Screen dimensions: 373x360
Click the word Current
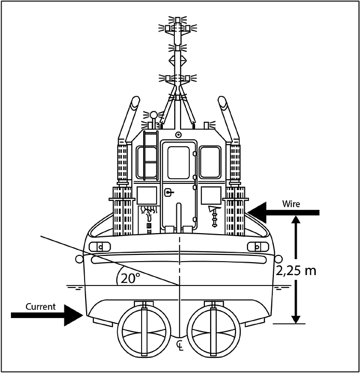(x=40, y=307)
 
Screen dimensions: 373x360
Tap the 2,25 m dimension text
(x=297, y=270)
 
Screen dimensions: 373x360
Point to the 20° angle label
(x=130, y=278)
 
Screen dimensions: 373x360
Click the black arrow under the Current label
(x=47, y=314)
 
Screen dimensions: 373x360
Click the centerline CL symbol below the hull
(x=180, y=345)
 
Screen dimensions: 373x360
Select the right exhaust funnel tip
(x=223, y=102)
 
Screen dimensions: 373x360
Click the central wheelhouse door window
(x=178, y=162)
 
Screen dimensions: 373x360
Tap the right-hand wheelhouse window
(x=210, y=162)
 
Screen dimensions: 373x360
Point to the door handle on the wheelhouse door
(x=168, y=193)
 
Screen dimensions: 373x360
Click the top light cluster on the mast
(x=178, y=23)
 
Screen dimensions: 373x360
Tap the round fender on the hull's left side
(x=79, y=259)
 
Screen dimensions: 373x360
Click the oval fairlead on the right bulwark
(x=257, y=247)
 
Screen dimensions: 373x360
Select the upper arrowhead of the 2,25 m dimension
(x=296, y=220)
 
